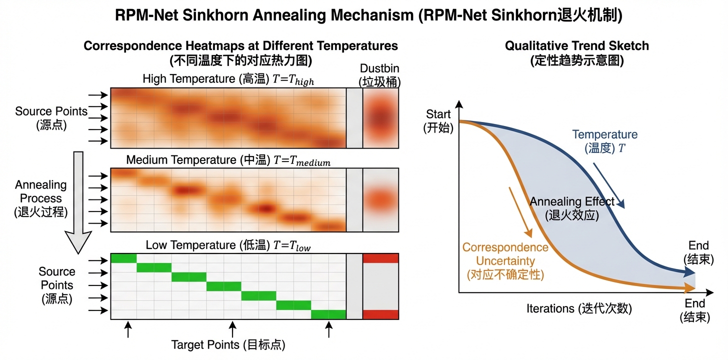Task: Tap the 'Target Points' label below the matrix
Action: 228,344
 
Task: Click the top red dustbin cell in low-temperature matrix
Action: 380,258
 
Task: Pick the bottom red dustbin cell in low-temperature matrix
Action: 380,314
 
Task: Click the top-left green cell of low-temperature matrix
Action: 123,258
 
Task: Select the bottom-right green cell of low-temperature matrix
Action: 328,314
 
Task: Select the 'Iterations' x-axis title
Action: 579,308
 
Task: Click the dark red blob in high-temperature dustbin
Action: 380,119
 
